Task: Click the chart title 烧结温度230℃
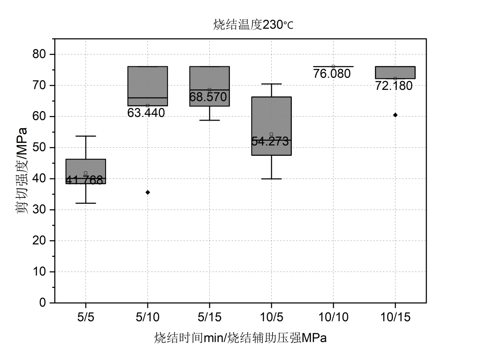[253, 25]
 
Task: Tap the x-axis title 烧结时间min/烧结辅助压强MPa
[240, 338]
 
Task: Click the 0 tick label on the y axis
[43, 303]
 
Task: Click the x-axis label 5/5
[86, 317]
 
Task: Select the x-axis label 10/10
[333, 317]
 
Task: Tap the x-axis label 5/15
[209, 317]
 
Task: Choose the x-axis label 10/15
[395, 317]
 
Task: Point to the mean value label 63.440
[146, 113]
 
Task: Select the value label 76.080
[332, 73]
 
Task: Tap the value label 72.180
[394, 86]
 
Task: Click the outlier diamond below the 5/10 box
[148, 192]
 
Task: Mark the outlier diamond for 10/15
[395, 115]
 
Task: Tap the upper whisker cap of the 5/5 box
[86, 136]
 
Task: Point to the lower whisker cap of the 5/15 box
[209, 120]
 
